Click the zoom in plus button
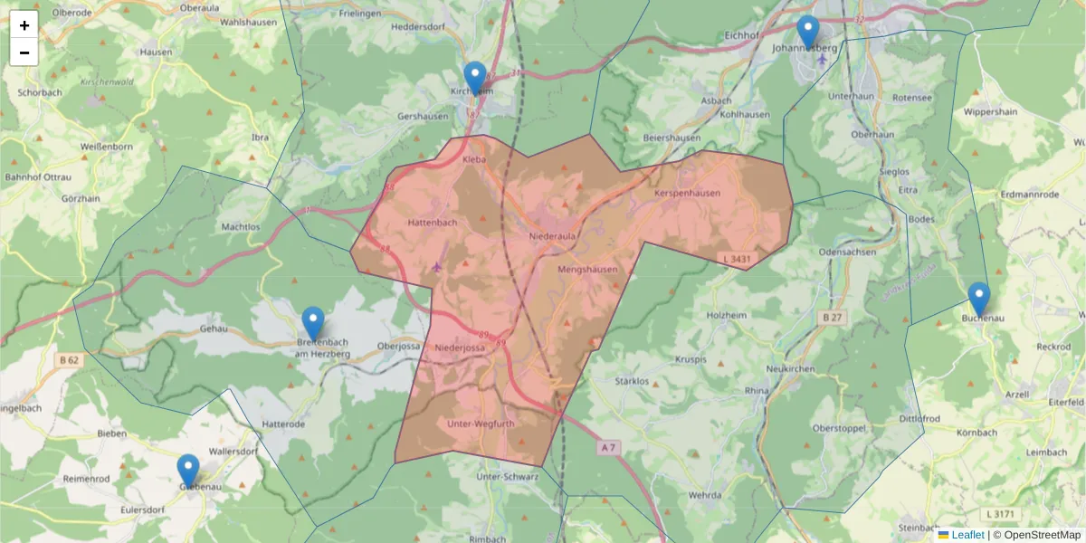24,25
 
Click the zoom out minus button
24,52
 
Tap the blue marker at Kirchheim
474,78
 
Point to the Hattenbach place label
433,222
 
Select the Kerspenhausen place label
687,193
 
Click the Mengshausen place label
587,270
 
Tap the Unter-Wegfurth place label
481,424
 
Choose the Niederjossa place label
460,348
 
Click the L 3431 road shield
738,260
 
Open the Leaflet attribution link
967,535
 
